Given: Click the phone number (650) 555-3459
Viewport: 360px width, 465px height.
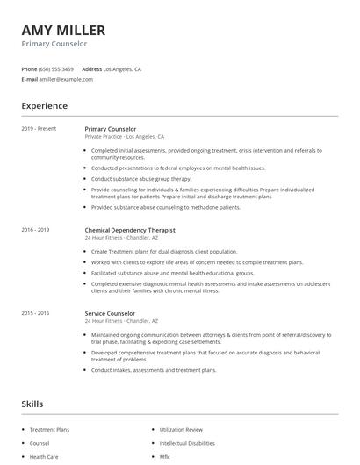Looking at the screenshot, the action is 55,68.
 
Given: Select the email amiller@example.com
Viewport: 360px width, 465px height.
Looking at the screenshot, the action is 67,79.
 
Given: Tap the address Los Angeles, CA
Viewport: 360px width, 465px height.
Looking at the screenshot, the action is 122,68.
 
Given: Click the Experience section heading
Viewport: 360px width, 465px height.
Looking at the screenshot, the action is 44,106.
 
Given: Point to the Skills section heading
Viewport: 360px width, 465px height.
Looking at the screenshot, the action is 32,404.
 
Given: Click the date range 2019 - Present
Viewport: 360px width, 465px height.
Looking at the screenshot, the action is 39,129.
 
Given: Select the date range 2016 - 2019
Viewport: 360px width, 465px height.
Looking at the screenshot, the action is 35,230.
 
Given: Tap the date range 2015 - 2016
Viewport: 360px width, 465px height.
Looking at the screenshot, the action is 35,313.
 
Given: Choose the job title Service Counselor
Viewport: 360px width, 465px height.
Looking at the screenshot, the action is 111,313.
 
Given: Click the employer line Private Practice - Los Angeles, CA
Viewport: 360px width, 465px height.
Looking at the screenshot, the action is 125,137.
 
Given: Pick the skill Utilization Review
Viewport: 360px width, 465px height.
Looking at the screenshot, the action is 181,430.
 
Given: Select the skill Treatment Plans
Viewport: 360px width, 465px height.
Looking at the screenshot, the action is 49,430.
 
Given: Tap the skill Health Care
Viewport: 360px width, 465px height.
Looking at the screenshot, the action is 44,457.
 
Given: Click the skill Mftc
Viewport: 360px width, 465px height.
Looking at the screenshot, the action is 165,457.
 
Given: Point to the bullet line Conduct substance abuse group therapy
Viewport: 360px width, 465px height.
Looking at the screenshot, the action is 141,178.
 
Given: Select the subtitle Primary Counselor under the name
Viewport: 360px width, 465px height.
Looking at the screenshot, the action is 54,43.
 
